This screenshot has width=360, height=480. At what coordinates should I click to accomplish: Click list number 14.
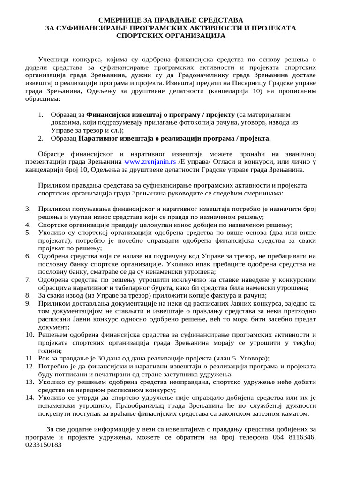[29, 397]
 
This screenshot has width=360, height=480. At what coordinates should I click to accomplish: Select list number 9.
[28, 304]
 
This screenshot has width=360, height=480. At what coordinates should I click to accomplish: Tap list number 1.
[41, 114]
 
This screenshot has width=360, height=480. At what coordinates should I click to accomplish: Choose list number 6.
[28, 255]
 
